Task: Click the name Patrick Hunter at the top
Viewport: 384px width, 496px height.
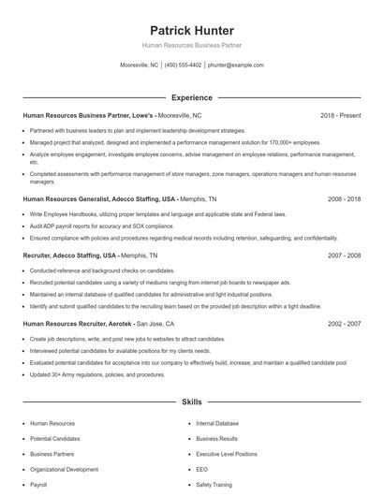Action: (191, 31)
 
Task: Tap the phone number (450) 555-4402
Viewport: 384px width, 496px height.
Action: (183, 66)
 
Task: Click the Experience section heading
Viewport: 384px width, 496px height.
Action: (191, 97)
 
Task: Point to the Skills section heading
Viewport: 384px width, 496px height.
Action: (191, 401)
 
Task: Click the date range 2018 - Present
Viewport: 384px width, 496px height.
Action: (340, 115)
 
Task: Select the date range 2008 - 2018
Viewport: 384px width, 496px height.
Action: (343, 199)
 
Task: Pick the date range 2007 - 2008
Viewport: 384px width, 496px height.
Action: (343, 255)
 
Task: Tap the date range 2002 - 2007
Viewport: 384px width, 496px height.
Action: (343, 323)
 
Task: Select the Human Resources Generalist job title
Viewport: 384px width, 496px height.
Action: (98, 199)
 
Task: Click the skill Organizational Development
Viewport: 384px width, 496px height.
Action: (64, 469)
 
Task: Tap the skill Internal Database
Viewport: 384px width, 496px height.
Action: (217, 423)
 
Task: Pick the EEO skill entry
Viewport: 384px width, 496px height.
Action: (202, 469)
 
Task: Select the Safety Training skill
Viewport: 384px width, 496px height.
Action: (214, 485)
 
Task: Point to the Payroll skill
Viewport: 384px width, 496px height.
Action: (38, 485)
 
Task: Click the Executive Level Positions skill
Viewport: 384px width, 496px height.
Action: (227, 454)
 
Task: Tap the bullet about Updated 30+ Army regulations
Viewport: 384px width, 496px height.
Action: (97, 374)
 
